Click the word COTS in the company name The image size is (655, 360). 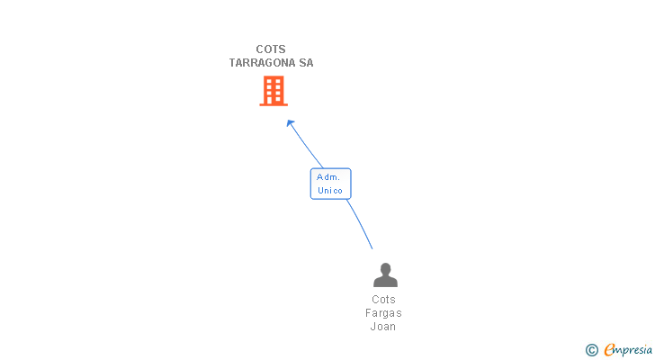(x=271, y=49)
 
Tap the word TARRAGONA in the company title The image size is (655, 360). (x=263, y=63)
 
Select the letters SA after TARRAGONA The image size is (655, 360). (x=306, y=63)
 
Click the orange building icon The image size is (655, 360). (x=274, y=91)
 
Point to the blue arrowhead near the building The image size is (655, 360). (x=291, y=123)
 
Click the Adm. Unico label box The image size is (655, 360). (x=330, y=184)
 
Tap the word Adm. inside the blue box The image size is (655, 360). (x=328, y=177)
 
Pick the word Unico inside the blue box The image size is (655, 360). (x=330, y=191)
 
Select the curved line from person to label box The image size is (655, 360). (x=360, y=223)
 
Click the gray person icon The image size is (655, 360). (x=385, y=274)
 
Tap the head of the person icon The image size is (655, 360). (x=385, y=269)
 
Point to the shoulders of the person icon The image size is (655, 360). (x=385, y=282)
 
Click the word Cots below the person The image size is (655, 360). (x=383, y=300)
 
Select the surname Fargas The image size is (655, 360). (x=383, y=313)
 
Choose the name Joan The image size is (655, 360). (x=383, y=326)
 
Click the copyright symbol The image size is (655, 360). (x=591, y=350)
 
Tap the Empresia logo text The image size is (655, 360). (x=628, y=350)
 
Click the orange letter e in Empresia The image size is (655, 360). (x=609, y=349)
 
